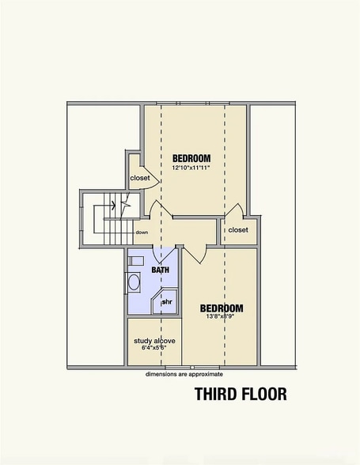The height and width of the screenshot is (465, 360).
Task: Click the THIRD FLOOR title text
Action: (x=241, y=393)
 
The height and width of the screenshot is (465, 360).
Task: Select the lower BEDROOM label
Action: (x=221, y=308)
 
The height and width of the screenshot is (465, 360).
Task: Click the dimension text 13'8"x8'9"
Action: (x=221, y=318)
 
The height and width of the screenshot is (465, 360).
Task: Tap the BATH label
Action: (x=161, y=270)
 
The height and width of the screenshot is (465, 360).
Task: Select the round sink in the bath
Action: (x=134, y=282)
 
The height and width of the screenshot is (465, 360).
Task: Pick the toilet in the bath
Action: (x=135, y=261)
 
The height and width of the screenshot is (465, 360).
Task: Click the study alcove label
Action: (x=153, y=340)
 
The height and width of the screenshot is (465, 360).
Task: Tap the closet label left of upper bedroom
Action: (x=139, y=178)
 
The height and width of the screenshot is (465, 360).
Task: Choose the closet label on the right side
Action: (x=237, y=230)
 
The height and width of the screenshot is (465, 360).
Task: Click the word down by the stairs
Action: (x=141, y=232)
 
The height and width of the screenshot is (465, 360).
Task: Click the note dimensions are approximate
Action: (x=184, y=374)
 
